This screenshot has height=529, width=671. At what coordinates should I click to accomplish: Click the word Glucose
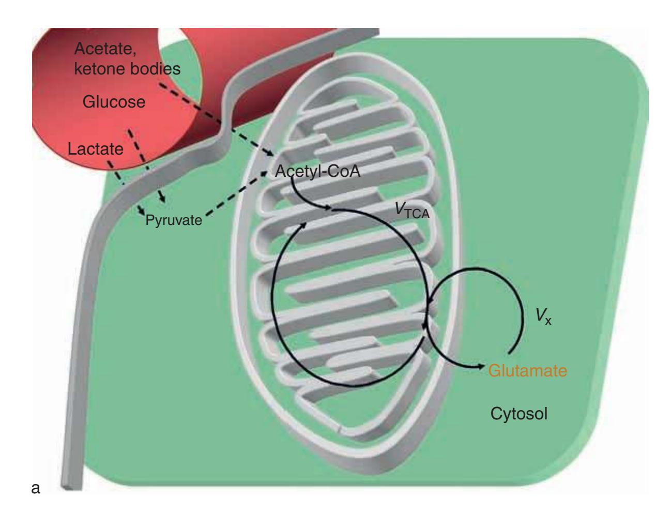pos(114,102)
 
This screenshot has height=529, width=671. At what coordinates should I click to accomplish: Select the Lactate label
pos(96,150)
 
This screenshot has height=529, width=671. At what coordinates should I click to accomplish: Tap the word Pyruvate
pos(173,221)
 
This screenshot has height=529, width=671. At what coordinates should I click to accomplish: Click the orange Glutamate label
pos(528,370)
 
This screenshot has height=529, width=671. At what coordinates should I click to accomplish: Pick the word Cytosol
pos(518,413)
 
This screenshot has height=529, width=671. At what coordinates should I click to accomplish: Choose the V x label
pos(543,318)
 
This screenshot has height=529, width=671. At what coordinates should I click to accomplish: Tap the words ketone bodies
pos(127,69)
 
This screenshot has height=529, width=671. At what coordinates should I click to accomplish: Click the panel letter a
pos(36,487)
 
